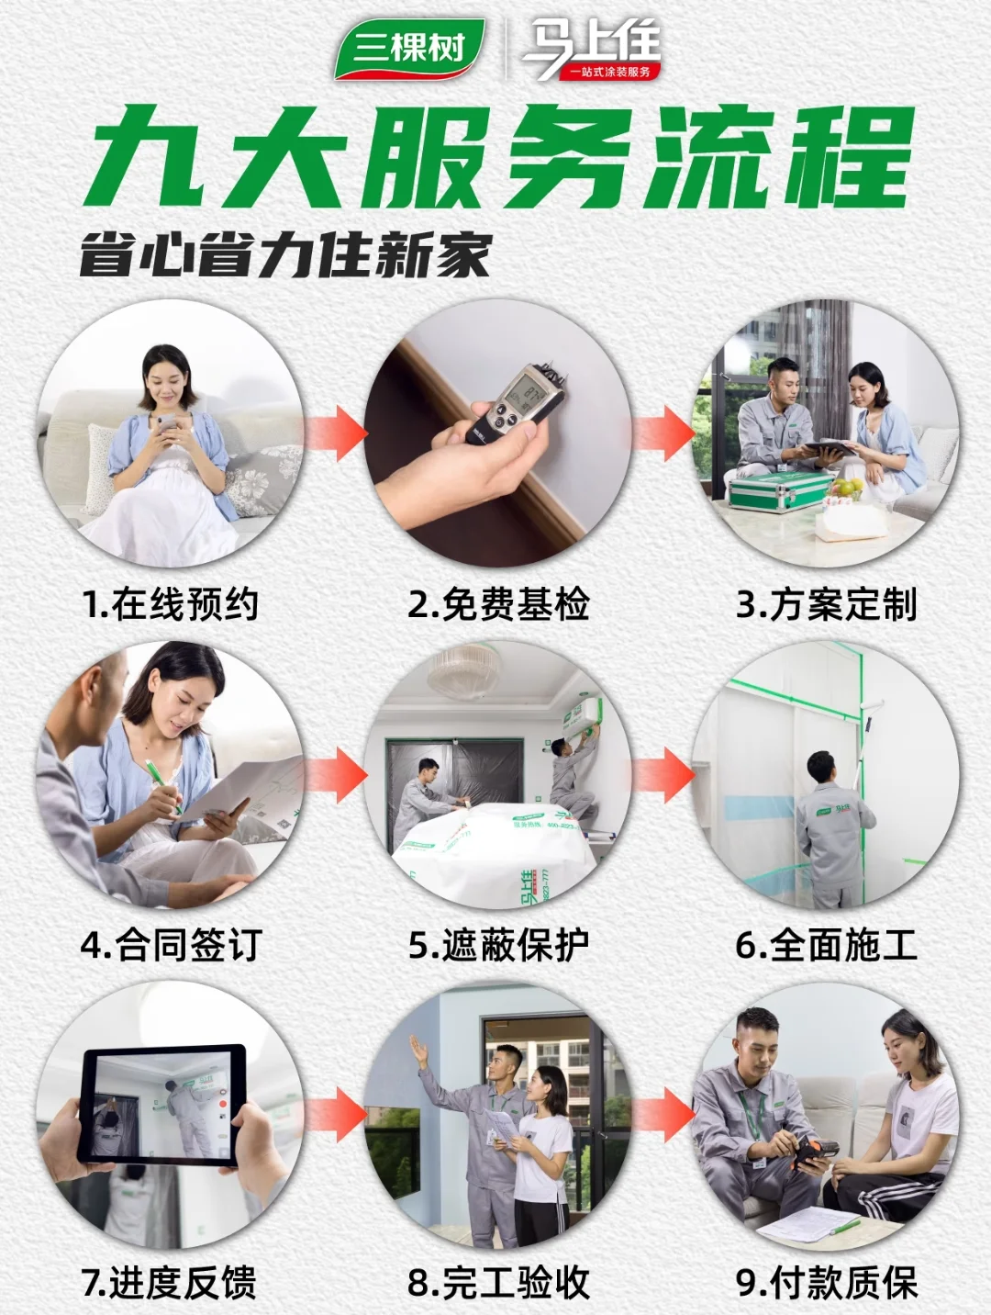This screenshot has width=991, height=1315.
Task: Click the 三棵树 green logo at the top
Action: [409, 49]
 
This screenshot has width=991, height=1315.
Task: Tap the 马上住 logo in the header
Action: [591, 51]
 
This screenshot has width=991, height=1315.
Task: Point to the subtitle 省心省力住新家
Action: [285, 255]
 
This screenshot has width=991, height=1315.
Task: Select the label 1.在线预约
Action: [171, 604]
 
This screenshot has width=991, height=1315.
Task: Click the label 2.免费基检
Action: [498, 604]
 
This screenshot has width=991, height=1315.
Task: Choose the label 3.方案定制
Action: [826, 604]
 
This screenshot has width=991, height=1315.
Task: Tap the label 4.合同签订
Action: [171, 945]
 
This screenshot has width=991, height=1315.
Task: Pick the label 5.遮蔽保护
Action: [498, 945]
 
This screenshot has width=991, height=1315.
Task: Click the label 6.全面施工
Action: [826, 945]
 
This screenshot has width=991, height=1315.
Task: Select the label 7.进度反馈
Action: [171, 1283]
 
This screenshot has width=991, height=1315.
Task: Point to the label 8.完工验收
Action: [498, 1283]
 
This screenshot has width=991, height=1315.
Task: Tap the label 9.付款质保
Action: [826, 1283]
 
